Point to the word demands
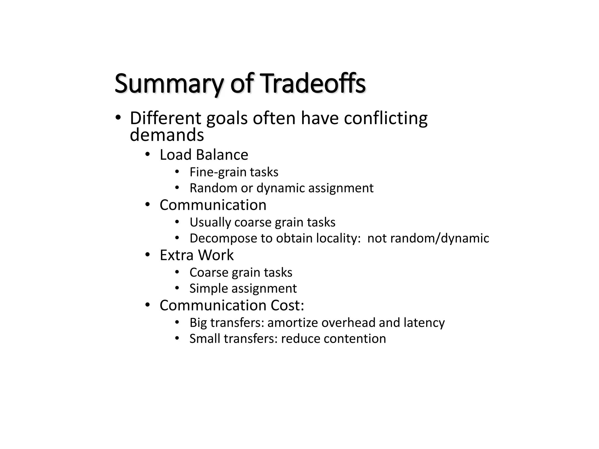167,135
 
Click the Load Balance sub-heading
204,155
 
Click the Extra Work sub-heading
197,255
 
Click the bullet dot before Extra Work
148,255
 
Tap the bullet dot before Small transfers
177,339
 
